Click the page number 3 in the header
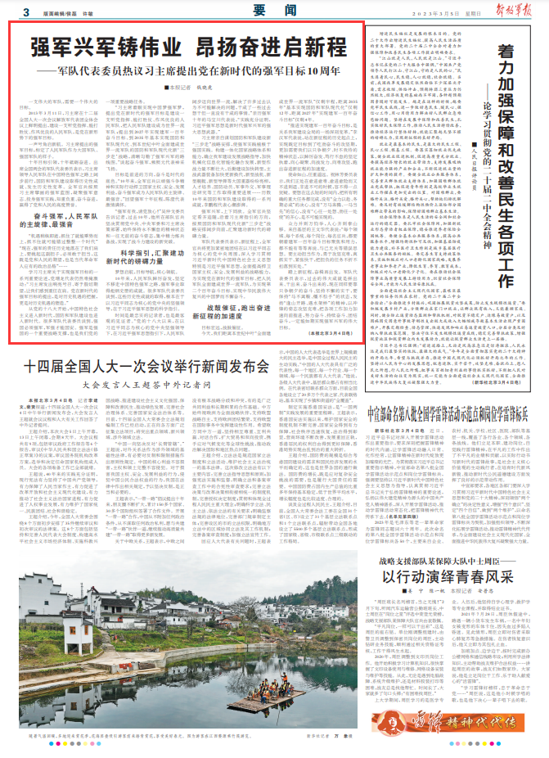(x=27, y=12)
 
